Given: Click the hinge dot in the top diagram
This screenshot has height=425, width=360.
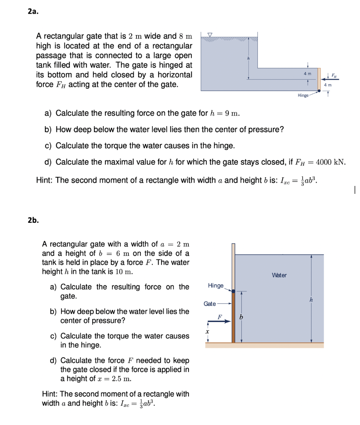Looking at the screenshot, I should point(318,90).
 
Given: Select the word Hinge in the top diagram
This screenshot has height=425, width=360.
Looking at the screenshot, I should point(303,95).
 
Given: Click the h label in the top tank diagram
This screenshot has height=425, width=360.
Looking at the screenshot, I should point(248,58).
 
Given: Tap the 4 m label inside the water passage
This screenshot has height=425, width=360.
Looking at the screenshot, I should point(307,74).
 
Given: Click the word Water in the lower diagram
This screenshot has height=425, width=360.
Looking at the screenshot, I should point(279,275).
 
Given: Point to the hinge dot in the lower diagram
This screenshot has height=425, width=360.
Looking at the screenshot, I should point(233,291).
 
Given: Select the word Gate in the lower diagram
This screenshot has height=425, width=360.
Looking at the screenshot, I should point(210,304).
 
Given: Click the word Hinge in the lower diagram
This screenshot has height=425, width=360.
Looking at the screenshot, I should point(216,286).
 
